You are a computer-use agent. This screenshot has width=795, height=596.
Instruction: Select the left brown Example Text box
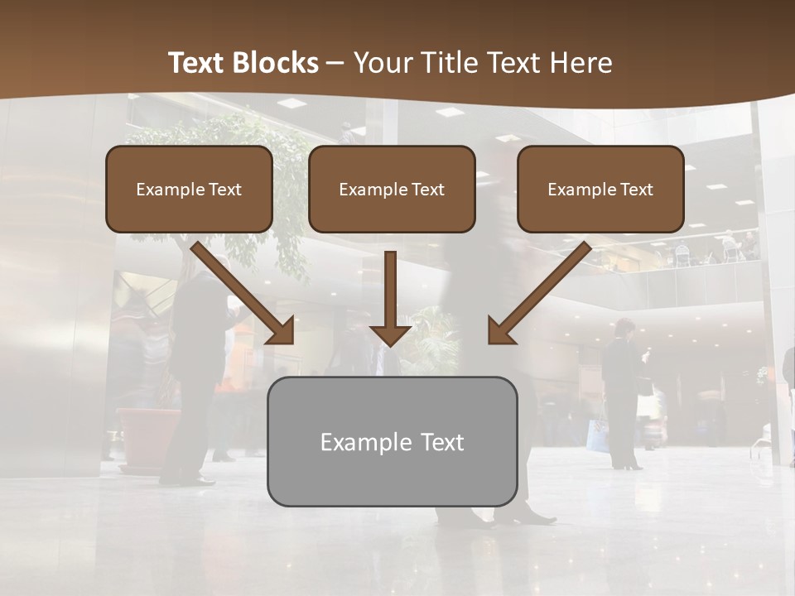(189, 189)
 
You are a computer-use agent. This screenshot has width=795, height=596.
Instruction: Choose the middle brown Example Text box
(392, 189)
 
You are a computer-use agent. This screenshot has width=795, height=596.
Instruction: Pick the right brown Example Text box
(600, 189)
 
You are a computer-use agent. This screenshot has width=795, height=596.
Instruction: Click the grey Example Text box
(392, 441)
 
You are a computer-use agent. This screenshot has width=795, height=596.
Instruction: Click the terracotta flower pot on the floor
(147, 434)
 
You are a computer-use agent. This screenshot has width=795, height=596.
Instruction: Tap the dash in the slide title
(335, 64)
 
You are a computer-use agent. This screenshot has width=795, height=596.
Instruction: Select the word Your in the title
(381, 63)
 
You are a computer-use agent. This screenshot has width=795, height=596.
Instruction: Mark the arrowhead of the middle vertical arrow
(390, 333)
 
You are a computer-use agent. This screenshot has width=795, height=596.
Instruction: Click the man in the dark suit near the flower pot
(194, 372)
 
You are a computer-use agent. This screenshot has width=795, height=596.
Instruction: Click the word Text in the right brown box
(637, 190)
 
